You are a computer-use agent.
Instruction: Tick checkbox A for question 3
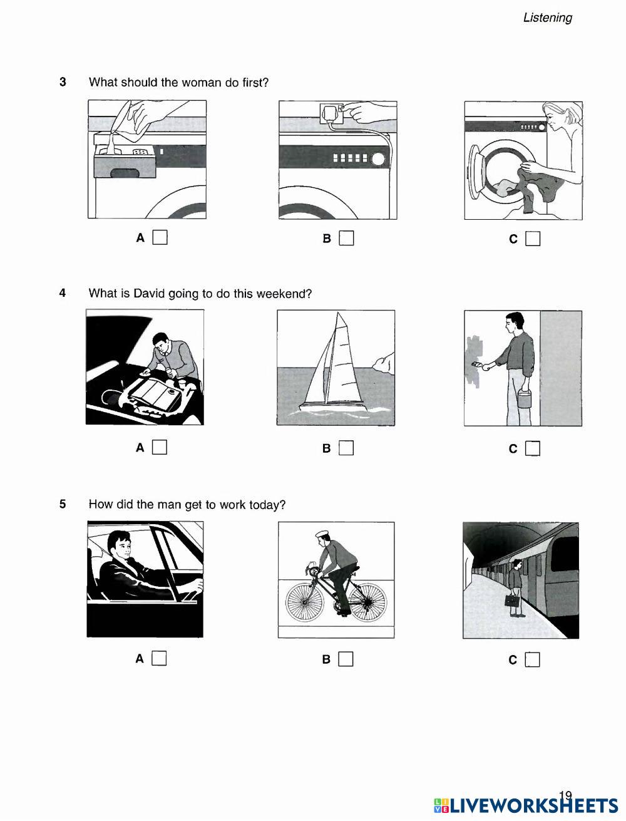(160, 237)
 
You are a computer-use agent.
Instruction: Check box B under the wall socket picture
(346, 238)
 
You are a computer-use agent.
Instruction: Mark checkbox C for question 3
(533, 239)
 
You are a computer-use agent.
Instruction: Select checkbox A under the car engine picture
(160, 447)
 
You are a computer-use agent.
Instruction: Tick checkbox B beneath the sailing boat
(346, 448)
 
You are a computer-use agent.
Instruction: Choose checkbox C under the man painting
(533, 448)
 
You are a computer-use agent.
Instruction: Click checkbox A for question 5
(159, 658)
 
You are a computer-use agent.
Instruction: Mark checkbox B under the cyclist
(346, 659)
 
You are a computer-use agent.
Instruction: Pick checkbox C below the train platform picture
(532, 660)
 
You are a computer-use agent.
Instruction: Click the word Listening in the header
(548, 18)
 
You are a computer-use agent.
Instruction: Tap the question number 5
(63, 504)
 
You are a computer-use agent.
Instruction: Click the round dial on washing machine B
(378, 159)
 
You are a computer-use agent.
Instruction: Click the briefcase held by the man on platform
(511, 601)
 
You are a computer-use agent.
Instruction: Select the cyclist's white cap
(322, 534)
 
